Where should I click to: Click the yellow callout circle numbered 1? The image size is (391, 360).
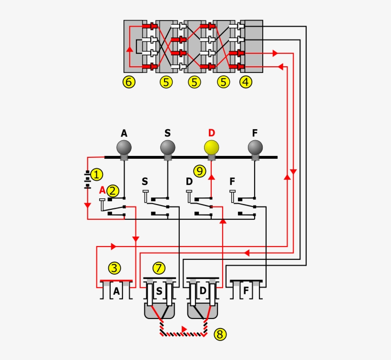coord(96,175)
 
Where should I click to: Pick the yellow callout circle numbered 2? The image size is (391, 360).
coord(113,191)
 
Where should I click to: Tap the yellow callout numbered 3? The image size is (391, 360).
coord(114,268)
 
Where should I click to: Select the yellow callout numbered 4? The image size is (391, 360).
coord(246,82)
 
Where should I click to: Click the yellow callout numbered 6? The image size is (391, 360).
coord(128,82)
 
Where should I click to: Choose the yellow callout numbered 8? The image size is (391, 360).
coord(219,335)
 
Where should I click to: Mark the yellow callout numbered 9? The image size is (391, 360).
coord(199,170)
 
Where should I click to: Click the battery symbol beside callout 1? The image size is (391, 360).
coord(87,179)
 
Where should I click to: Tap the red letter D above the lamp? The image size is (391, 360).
coord(212,133)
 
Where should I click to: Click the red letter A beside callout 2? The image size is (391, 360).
coord(102,190)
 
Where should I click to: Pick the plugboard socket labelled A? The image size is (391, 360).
coord(116,290)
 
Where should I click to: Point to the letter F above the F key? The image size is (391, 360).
coord(233,182)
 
